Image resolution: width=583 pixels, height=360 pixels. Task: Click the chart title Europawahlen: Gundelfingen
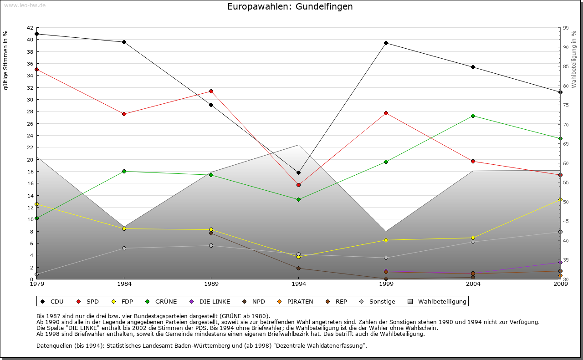pos(290,7)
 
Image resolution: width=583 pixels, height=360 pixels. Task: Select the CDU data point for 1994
pos(298,172)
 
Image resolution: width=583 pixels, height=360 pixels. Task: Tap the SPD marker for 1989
pos(211,91)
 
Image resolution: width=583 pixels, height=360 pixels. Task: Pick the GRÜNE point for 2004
pos(473,116)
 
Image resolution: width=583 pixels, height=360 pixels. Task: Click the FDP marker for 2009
pos(560,199)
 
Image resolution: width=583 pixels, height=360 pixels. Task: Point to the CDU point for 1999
pos(386,43)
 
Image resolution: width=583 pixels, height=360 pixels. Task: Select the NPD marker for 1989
pos(211,233)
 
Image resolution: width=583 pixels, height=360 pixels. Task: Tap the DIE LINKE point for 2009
pos(560,262)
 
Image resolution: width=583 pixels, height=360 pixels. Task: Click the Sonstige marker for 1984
pos(124,248)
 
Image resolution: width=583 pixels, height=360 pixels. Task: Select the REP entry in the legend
pos(337,301)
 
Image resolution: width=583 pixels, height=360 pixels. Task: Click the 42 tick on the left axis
pos(30,28)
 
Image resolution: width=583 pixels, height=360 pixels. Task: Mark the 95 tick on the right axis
pos(566,28)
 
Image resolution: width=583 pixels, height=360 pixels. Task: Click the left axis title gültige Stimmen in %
pos(6,61)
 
